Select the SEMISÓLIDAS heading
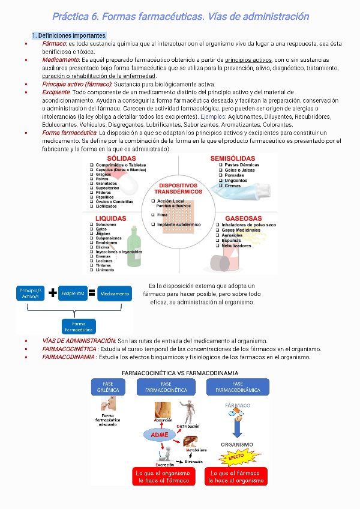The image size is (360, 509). tap(233, 158)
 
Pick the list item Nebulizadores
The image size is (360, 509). tap(236, 245)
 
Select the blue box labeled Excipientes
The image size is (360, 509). tap(73, 294)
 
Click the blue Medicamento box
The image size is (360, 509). tap(115, 294)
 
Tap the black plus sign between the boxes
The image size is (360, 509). tap(53, 293)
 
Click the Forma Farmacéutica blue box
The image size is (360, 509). tap(79, 327)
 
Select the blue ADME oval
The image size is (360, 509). tap(159, 434)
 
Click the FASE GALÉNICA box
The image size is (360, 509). tap(108, 387)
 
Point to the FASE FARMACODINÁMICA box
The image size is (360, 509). tap(238, 387)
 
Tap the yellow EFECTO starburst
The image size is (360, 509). tap(236, 457)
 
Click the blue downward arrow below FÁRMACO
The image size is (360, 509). tap(238, 426)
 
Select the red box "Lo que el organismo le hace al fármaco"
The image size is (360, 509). tap(164, 477)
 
